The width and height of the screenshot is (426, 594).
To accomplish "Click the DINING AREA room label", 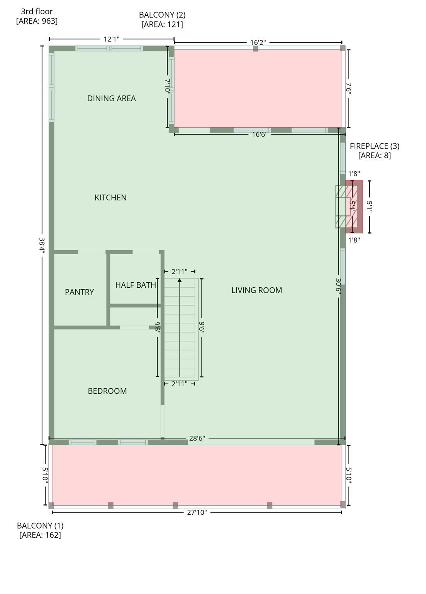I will [x=111, y=99].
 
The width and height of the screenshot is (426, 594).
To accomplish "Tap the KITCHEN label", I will [x=110, y=198].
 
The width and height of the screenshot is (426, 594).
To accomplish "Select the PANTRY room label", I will [x=79, y=292].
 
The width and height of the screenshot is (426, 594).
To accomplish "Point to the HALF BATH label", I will [x=136, y=285].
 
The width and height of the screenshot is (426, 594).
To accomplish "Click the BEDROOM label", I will [x=107, y=391].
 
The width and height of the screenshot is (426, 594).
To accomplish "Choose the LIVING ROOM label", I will [x=256, y=290].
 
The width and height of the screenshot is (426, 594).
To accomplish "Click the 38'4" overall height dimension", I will [x=42, y=246].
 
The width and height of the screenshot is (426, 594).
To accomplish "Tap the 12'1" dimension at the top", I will [x=111, y=39].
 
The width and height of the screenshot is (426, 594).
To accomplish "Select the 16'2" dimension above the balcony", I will [x=258, y=43].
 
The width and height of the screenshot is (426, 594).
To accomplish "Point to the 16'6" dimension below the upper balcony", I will [x=260, y=135].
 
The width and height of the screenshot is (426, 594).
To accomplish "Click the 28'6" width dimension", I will [x=197, y=439].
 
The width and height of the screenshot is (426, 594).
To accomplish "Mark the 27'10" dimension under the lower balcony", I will [x=197, y=513].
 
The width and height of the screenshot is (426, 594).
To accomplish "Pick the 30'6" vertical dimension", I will [x=339, y=287].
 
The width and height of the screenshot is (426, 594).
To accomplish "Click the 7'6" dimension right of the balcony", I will [x=349, y=89].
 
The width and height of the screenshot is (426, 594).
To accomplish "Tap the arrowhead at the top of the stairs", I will [x=180, y=280].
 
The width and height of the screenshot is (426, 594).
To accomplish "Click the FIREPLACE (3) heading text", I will [x=374, y=146].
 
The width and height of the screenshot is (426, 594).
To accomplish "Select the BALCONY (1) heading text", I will [x=40, y=526].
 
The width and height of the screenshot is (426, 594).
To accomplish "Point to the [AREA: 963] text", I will [x=37, y=21].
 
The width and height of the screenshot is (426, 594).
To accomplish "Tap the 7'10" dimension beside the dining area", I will [x=168, y=86].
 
